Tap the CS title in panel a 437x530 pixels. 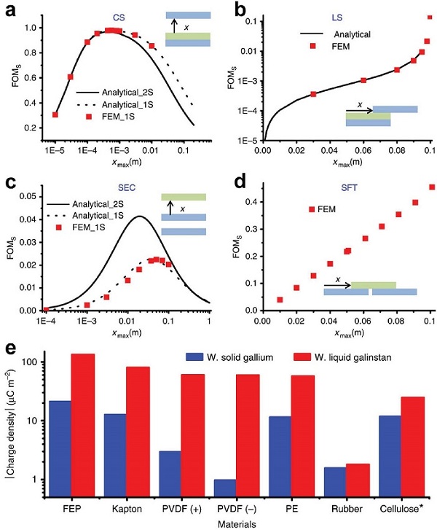click(x=117, y=15)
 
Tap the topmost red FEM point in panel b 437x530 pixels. click(x=430, y=17)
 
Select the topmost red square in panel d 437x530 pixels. click(x=432, y=187)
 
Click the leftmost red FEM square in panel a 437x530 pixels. click(x=55, y=114)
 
